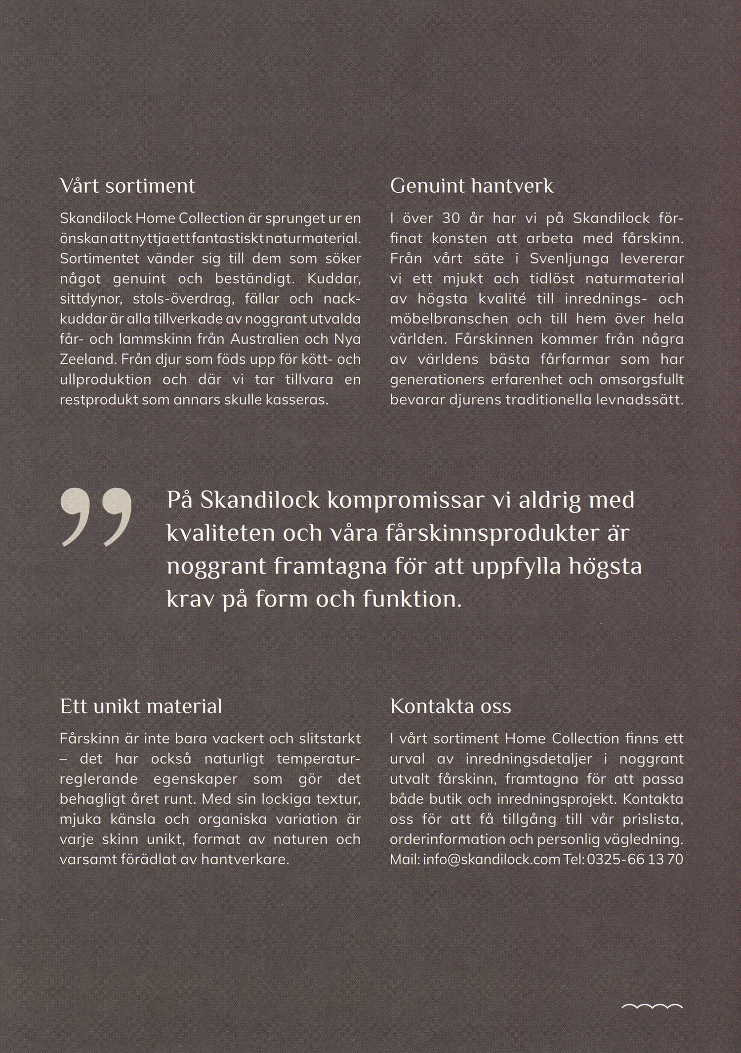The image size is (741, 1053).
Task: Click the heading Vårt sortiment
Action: [x=127, y=186]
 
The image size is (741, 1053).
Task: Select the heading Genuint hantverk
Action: [x=471, y=186]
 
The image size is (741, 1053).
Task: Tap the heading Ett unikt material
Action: [x=141, y=706]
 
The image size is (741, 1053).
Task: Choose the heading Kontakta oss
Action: [x=450, y=706]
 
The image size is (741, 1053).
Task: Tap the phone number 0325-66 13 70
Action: [x=635, y=860]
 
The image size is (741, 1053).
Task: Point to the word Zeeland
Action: [x=87, y=359]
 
